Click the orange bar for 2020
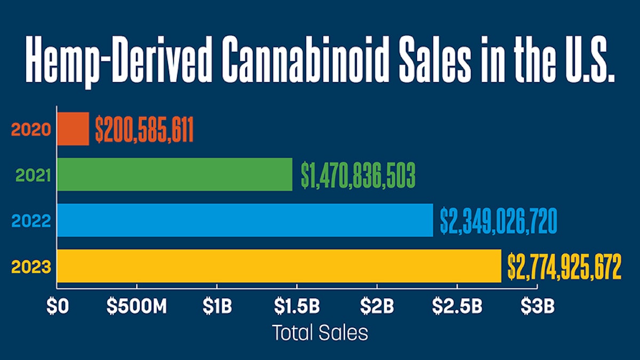click(73, 129)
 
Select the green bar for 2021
click(175, 174)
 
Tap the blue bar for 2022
click(245, 220)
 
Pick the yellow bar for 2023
click(279, 266)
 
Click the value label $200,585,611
click(144, 130)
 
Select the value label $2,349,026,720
click(499, 221)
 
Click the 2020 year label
click(30, 130)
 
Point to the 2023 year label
click(30, 266)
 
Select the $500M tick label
click(137, 307)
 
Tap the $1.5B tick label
click(297, 307)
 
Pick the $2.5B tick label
click(457, 307)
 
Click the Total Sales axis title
click(320, 333)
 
